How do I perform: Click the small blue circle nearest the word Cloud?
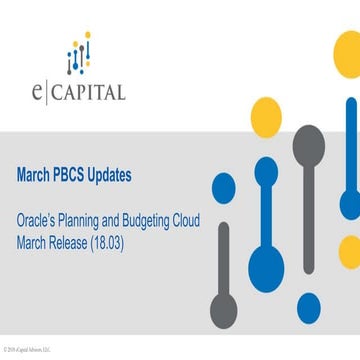tap(222, 185)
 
